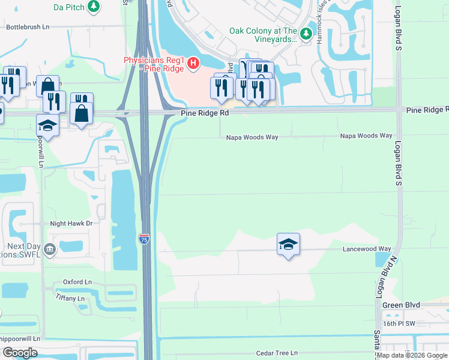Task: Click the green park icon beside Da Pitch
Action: (94, 7)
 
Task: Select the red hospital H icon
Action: (193, 62)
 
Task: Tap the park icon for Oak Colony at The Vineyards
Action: (306, 34)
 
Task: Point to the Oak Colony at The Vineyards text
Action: (263, 35)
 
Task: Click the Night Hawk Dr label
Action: (71, 223)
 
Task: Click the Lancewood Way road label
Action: (367, 249)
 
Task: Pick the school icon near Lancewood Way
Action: (288, 244)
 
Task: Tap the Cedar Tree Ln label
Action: (276, 353)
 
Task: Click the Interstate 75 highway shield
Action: (144, 238)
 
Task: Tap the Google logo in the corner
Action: (20, 353)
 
